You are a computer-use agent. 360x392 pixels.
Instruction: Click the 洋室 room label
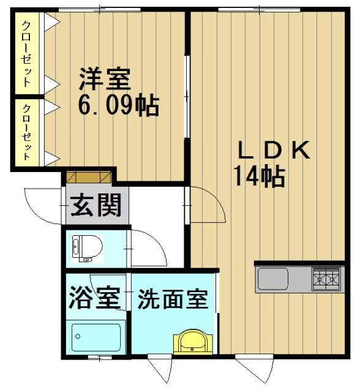coord(105,79)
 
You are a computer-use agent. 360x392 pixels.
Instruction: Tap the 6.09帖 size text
coord(119,105)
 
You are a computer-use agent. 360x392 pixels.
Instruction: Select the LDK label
coord(274,150)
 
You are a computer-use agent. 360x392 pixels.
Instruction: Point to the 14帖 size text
coord(260,176)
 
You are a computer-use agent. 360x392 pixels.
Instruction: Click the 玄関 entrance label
coord(96,205)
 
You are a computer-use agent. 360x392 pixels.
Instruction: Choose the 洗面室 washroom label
coord(173,299)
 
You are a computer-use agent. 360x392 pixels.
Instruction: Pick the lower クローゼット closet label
coord(27,132)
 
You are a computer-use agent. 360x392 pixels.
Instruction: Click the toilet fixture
coord(87,248)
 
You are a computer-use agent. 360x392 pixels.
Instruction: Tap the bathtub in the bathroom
coord(96,337)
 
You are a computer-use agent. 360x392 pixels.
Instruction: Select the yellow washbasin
coord(193,342)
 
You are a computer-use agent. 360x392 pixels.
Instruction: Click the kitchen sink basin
coord(273,279)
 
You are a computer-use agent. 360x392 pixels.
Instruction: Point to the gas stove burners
coord(326,279)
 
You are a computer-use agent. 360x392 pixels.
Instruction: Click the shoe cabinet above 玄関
coord(89,177)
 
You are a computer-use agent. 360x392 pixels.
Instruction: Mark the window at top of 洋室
coord(99,10)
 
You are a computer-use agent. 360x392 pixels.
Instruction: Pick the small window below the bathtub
coord(100,358)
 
